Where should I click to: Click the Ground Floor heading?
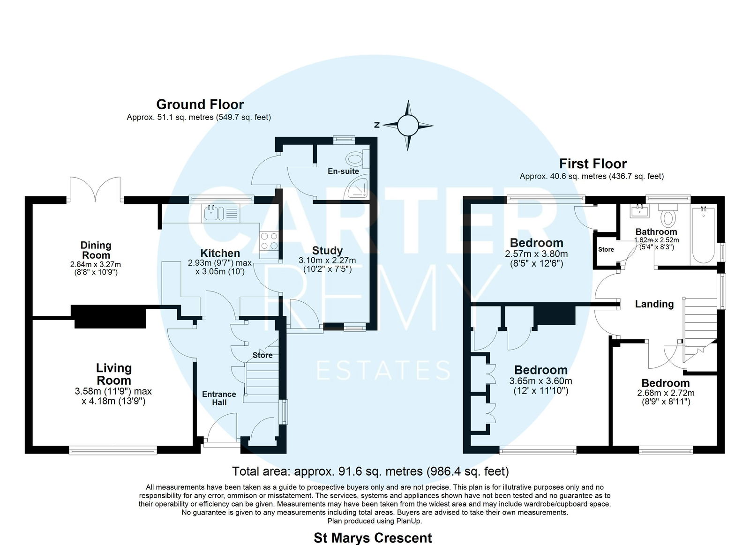click(x=200, y=105)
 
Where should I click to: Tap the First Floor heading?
click(x=593, y=164)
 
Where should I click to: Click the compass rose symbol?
click(x=408, y=126)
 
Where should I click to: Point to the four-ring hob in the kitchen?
click(x=269, y=241)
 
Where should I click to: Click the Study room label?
click(x=327, y=250)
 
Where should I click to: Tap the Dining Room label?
click(x=96, y=250)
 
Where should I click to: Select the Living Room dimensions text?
click(x=113, y=396)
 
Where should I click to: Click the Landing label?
click(x=654, y=304)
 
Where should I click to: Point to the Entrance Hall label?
click(x=219, y=398)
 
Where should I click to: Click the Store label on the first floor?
click(x=606, y=249)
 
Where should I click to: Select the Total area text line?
click(x=370, y=471)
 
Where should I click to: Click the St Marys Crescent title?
click(x=373, y=538)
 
